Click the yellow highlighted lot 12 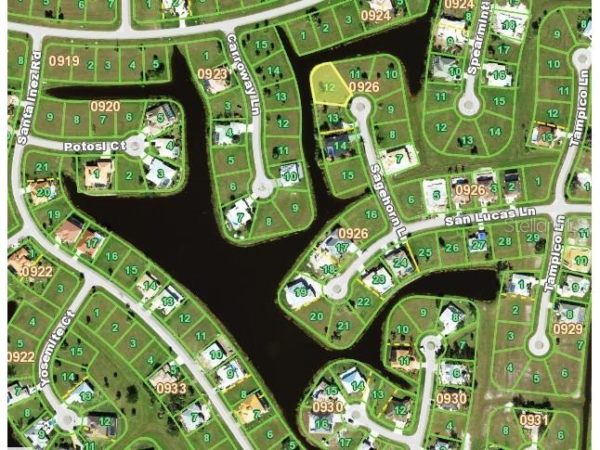point(328,85)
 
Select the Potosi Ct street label point(94,147)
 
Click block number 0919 point(64,61)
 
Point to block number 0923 point(212,73)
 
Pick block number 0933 point(172,389)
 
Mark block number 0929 point(567,329)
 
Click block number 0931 point(533,420)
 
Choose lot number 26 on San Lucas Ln point(451,247)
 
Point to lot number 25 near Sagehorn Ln point(425,252)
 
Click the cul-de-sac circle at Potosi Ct point(137,146)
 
